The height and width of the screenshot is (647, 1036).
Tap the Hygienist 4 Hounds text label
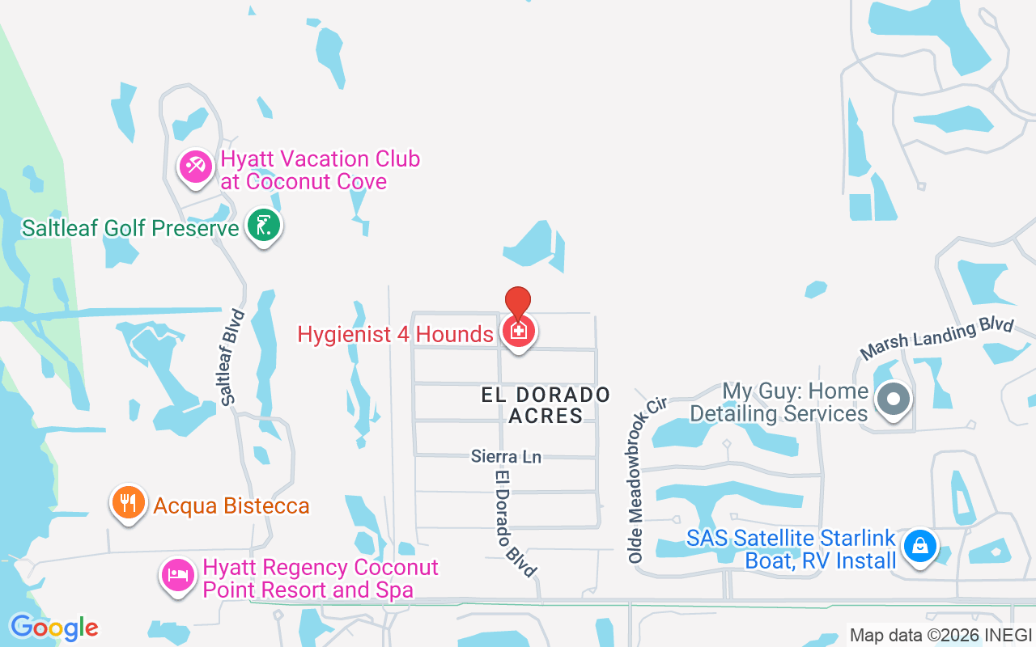[395, 334]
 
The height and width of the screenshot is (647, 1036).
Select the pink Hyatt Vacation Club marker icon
[195, 167]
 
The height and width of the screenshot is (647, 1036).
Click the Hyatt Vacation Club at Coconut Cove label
[320, 170]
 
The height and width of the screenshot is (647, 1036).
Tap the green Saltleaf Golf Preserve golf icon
[263, 226]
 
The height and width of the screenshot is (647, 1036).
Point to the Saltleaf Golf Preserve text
[130, 228]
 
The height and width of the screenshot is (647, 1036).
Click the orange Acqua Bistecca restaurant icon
[128, 503]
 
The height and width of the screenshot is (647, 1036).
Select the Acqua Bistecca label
[231, 506]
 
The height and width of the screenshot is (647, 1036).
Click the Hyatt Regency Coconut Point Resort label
[321, 579]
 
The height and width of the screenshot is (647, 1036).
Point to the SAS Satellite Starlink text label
[792, 549]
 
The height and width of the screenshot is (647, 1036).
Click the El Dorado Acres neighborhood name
[546, 405]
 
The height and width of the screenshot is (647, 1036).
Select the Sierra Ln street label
[506, 457]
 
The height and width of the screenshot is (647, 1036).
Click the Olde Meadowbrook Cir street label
[646, 478]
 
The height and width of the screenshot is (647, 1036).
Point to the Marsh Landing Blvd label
[936, 338]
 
